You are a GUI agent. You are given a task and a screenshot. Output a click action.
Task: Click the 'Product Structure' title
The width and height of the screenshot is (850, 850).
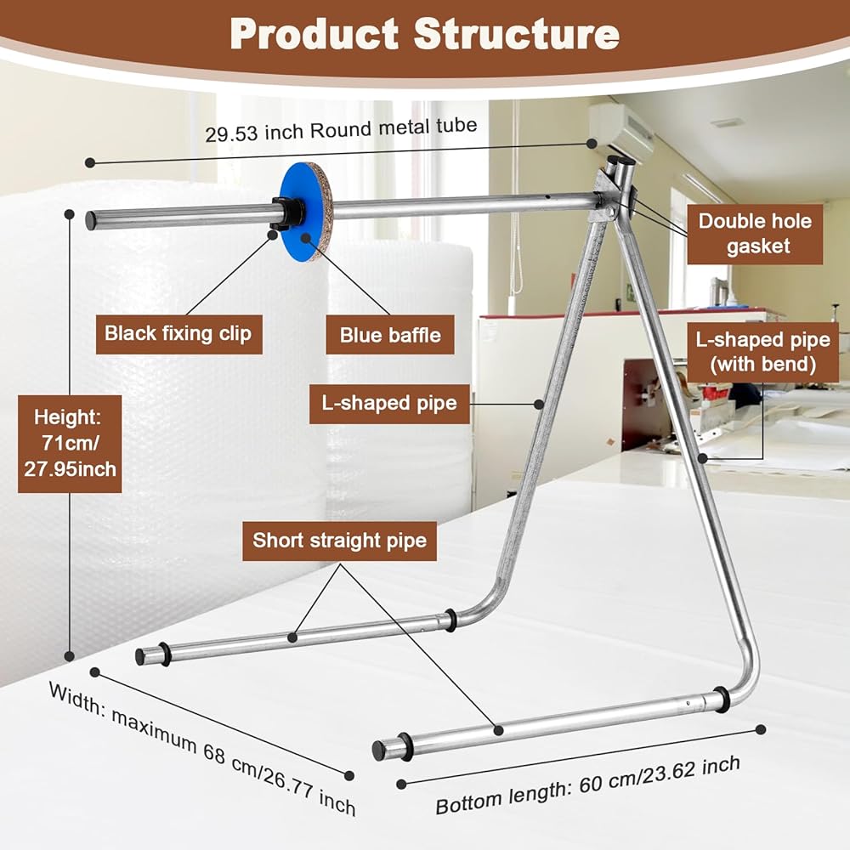(424, 34)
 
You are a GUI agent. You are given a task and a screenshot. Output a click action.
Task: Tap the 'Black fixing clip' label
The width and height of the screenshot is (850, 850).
(178, 333)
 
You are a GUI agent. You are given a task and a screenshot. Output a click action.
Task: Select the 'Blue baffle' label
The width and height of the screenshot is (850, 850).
(390, 335)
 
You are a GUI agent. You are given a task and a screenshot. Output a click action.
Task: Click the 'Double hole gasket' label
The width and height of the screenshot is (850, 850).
(755, 234)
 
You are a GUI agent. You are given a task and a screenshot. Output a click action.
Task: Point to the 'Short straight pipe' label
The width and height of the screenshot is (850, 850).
(339, 540)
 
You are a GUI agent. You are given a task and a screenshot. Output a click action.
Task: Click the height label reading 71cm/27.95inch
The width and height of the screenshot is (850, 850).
(69, 443)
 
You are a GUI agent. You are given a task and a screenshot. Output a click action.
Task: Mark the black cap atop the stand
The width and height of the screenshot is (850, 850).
(622, 159)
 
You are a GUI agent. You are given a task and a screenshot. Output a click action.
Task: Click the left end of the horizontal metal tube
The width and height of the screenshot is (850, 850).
(91, 220)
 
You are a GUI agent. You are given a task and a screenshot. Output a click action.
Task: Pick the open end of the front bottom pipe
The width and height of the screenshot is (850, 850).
(378, 751)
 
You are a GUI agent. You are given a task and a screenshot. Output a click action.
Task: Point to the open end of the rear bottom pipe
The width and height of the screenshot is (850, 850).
(140, 656)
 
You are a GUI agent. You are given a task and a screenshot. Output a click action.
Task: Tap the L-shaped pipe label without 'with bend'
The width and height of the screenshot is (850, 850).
(388, 403)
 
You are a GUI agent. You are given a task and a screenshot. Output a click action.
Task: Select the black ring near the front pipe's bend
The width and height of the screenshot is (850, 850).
(722, 700)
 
